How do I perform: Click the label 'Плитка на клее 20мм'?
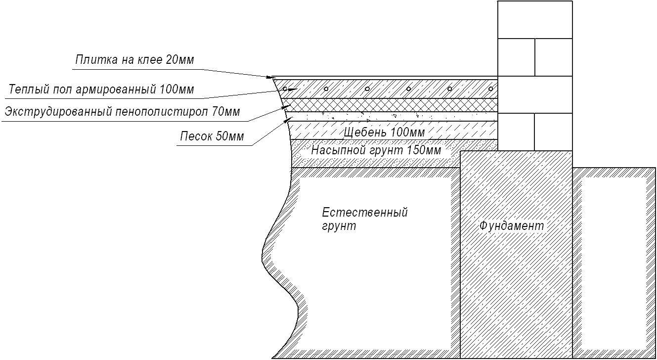[x=134, y=60]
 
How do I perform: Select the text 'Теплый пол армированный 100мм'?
[x=101, y=89]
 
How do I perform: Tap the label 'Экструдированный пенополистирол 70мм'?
[x=122, y=112]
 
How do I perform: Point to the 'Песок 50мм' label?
[x=212, y=136]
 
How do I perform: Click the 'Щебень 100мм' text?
[x=384, y=133]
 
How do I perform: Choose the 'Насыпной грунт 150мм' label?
[x=376, y=150]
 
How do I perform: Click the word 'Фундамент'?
[x=512, y=226]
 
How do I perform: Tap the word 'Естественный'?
[x=365, y=212]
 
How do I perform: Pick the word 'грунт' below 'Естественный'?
[x=339, y=226]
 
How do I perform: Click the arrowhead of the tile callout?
[x=269, y=78]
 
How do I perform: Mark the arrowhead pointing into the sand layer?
[x=290, y=118]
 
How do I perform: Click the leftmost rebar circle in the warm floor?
[x=285, y=89]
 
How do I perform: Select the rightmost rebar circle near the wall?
[x=491, y=89]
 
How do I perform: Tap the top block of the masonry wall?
[x=535, y=20]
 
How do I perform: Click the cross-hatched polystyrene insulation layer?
[x=390, y=105]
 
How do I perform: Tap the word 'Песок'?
[x=196, y=136]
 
